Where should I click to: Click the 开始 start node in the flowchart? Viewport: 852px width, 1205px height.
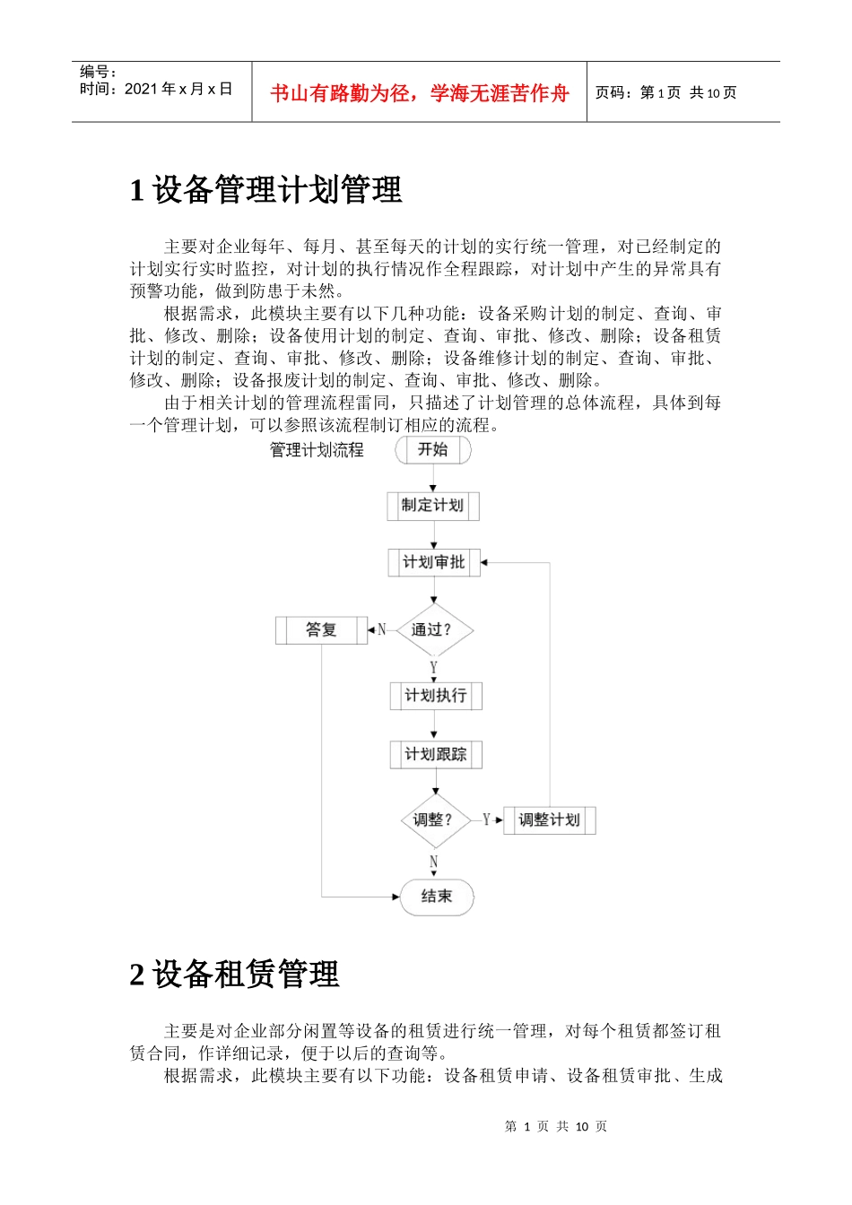(433, 450)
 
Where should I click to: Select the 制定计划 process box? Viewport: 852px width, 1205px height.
(433, 506)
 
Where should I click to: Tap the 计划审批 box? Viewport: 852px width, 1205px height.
(434, 562)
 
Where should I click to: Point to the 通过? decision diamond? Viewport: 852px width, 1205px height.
(434, 630)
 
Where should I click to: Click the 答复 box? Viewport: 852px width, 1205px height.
(321, 630)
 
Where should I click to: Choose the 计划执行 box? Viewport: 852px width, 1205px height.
(436, 696)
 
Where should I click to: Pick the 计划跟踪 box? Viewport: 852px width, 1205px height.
(436, 754)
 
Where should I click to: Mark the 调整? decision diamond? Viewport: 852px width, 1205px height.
(435, 819)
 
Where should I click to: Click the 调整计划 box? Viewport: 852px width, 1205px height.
(549, 819)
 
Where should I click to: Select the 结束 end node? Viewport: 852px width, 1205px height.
(436, 897)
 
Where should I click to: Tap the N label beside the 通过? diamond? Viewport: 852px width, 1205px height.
(382, 630)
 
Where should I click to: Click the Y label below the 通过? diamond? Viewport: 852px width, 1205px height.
(434, 668)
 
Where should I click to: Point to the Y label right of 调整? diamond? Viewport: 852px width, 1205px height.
(486, 819)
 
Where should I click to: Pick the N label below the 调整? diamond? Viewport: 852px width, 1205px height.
(434, 863)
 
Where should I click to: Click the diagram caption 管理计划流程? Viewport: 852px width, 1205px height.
(317, 450)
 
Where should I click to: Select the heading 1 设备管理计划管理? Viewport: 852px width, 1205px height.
(266, 190)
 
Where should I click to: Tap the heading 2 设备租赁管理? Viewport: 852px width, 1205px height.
(235, 975)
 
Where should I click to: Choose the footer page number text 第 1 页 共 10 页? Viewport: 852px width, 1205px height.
(556, 1126)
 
